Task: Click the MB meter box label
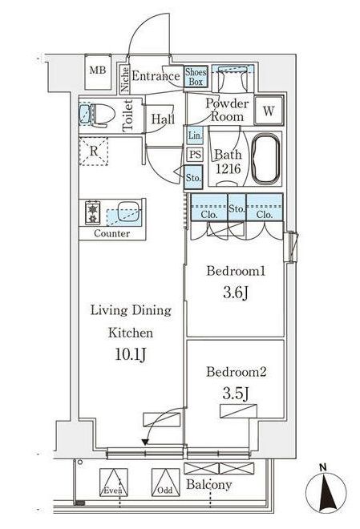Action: pyautogui.click(x=98, y=71)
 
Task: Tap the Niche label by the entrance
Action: pyautogui.click(x=124, y=79)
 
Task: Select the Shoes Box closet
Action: pyautogui.click(x=196, y=77)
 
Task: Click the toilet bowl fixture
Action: pyautogui.click(x=98, y=115)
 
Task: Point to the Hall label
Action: pyautogui.click(x=163, y=119)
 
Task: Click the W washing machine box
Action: pyautogui.click(x=269, y=111)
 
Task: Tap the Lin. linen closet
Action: pyautogui.click(x=195, y=135)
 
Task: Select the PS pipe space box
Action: pyautogui.click(x=195, y=155)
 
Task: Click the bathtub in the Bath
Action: pyautogui.click(x=266, y=160)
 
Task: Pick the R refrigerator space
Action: pyautogui.click(x=94, y=151)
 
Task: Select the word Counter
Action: pyautogui.click(x=111, y=233)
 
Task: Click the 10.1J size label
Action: pyautogui.click(x=131, y=354)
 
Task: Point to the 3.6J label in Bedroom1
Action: pyautogui.click(x=236, y=293)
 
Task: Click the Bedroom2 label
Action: pyautogui.click(x=237, y=372)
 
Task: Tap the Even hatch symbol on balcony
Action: pyautogui.click(x=114, y=483)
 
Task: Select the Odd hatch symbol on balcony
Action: pyautogui.click(x=165, y=483)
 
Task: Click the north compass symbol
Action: pyautogui.click(x=326, y=491)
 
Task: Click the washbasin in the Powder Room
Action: pyautogui.click(x=232, y=79)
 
